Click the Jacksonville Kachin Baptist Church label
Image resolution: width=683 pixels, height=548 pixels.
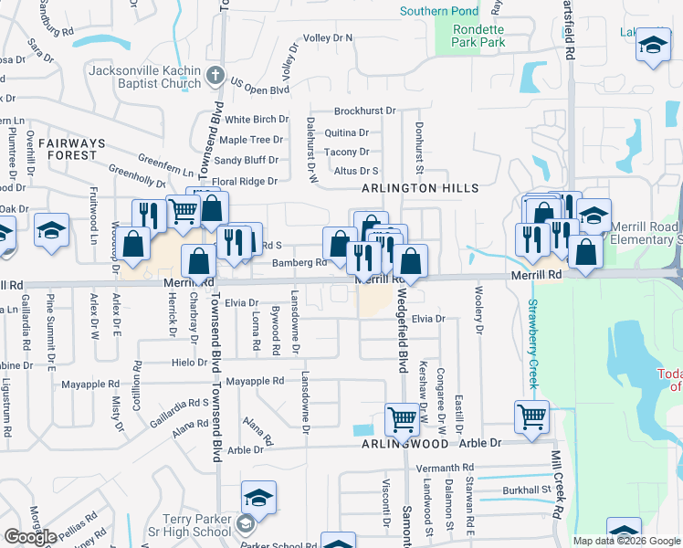pyautogui.click(x=144, y=77)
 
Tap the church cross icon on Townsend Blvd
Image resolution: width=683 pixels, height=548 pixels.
pyautogui.click(x=216, y=75)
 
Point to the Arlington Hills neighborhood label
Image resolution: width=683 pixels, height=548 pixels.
pyautogui.click(x=420, y=188)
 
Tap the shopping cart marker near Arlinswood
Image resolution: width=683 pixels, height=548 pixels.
pyautogui.click(x=402, y=420)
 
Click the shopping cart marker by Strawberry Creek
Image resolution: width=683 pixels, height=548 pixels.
pyautogui.click(x=531, y=416)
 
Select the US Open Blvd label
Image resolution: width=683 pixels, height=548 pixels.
pyautogui.click(x=259, y=90)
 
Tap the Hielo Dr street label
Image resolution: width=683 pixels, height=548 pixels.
pyautogui.click(x=189, y=363)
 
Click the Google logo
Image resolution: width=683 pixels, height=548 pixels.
pyautogui.click(x=30, y=537)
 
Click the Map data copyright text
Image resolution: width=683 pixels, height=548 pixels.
pyautogui.click(x=628, y=541)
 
